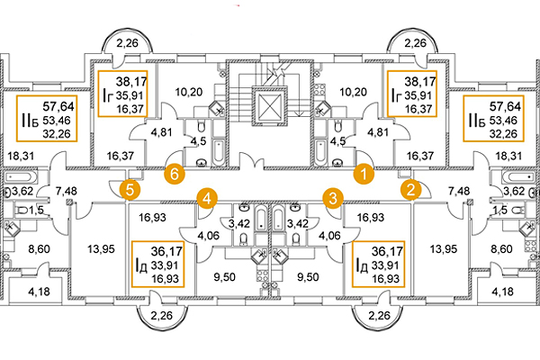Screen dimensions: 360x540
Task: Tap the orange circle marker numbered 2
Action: pos(410,189)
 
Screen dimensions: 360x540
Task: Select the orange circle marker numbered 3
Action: pos(334,197)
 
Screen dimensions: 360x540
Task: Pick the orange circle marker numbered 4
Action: pos(208,196)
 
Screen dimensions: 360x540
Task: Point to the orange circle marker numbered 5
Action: pos(131,189)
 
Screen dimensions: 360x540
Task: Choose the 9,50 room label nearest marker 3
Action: pos(309,277)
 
